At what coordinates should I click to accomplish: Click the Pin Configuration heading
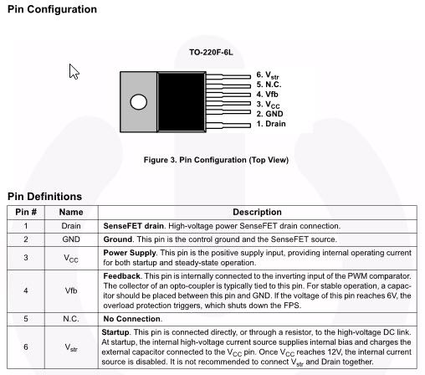point(52,9)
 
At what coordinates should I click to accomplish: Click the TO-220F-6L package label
point(211,53)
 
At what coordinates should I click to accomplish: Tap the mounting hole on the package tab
point(139,102)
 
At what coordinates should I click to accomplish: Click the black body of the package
point(182,102)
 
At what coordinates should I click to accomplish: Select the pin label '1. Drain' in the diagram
point(271,124)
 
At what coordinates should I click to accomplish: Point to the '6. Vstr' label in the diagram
point(268,75)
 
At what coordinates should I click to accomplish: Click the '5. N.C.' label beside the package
point(269,85)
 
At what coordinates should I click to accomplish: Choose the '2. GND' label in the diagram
point(269,114)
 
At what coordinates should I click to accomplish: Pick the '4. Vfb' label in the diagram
point(267,95)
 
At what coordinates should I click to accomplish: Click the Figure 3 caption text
point(216,160)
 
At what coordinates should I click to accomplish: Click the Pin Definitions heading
point(44,197)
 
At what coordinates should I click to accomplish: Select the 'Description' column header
point(257,212)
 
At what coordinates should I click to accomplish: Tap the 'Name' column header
point(71,212)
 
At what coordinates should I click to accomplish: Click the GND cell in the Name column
point(71,239)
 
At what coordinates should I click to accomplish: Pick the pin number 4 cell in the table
point(26,290)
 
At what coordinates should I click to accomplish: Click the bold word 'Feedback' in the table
point(121,276)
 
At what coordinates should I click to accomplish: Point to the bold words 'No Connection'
point(132,319)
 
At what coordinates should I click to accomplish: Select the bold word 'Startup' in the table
point(115,332)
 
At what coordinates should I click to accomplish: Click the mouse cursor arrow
point(74,71)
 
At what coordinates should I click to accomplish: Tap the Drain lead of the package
point(228,126)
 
